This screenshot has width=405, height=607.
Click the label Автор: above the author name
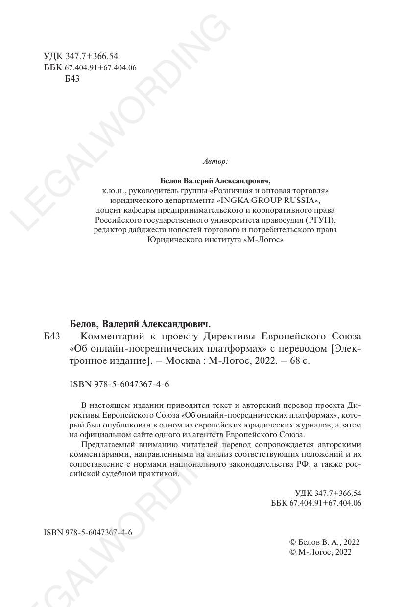[x=215, y=161]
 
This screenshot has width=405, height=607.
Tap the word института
[x=221, y=240]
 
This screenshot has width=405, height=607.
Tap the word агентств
[x=211, y=434]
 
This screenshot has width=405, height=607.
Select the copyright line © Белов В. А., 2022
[x=325, y=542]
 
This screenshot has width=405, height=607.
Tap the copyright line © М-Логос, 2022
[x=321, y=552]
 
